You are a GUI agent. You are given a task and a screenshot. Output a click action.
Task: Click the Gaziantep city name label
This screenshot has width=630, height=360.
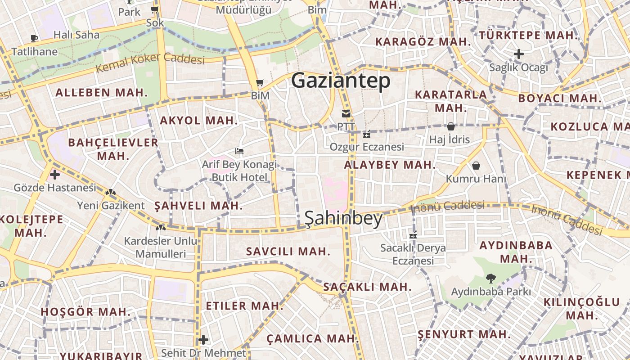point(341,81)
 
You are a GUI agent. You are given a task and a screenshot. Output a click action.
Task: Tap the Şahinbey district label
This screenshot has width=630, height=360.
point(343,218)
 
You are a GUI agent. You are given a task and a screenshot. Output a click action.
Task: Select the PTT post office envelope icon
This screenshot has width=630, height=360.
point(346,114)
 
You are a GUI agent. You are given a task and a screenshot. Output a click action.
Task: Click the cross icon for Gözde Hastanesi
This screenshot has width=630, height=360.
point(55,174)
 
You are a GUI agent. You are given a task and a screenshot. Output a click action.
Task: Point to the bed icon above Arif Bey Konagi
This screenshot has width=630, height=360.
point(239,151)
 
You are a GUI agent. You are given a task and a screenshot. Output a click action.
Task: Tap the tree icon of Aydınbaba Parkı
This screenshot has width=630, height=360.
point(490,279)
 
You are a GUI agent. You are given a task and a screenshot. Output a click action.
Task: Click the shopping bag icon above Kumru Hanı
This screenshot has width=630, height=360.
point(476,166)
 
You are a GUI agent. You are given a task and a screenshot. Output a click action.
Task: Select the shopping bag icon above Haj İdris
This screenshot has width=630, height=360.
point(450,126)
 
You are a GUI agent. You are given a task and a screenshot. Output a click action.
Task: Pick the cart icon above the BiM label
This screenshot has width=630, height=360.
point(260,83)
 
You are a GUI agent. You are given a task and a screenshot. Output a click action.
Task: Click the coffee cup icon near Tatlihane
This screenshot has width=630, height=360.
point(34,38)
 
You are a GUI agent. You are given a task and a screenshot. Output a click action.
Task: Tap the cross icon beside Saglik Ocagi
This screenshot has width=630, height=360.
point(519,54)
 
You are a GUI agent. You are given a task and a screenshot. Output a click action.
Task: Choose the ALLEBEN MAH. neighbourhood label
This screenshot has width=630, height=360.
point(101,93)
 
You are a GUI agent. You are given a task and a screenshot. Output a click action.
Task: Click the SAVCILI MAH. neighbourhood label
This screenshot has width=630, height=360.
point(288,252)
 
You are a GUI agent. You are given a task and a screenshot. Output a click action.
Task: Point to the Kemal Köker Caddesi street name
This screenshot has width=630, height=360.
point(150,63)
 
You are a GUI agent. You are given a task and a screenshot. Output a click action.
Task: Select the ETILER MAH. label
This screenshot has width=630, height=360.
point(244,306)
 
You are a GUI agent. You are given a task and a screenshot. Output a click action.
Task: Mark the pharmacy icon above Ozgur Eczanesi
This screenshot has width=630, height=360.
point(367,134)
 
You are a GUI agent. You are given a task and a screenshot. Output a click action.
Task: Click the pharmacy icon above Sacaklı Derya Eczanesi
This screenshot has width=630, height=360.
point(413,234)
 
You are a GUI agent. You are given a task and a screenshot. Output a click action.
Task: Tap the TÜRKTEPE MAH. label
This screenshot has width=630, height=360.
point(528,35)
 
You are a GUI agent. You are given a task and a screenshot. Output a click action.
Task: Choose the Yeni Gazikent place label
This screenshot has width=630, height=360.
point(111,206)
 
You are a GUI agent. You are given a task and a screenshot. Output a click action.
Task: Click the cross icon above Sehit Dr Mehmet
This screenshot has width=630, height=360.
point(203,339)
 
